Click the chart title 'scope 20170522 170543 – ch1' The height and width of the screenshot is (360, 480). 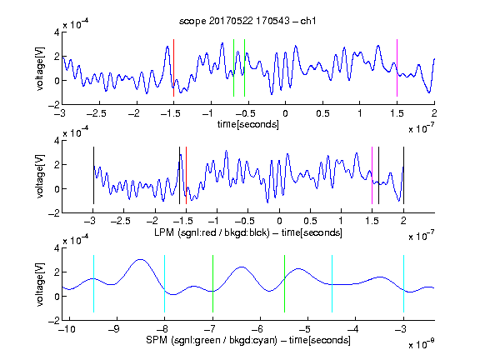tap(247, 21)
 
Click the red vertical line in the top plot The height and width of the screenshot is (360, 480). tap(173, 68)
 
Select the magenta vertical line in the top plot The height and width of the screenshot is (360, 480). tap(397, 68)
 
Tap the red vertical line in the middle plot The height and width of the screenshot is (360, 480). tap(186, 175)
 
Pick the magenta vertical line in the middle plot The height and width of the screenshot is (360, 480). tap(372, 175)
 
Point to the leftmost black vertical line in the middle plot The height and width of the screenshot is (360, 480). tap(93, 175)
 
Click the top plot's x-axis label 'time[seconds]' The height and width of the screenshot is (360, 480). tap(248, 124)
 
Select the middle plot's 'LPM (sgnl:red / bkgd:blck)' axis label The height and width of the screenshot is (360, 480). tap(212, 232)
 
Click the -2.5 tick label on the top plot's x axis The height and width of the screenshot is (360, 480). tap(96, 113)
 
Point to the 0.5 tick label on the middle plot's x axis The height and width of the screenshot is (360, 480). tap(310, 221)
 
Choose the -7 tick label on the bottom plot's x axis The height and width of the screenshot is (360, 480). tap(210, 329)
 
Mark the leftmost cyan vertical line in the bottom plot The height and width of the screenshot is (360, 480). tap(93, 284)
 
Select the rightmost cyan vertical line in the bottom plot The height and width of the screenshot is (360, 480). tap(403, 284)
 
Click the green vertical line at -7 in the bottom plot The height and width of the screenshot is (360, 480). tap(212, 284)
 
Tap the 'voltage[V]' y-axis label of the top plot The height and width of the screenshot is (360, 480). tap(40, 68)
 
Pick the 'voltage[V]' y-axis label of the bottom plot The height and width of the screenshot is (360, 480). tap(40, 284)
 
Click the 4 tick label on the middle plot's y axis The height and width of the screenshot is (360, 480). tap(57, 141)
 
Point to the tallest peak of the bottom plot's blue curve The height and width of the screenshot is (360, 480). tap(141, 259)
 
